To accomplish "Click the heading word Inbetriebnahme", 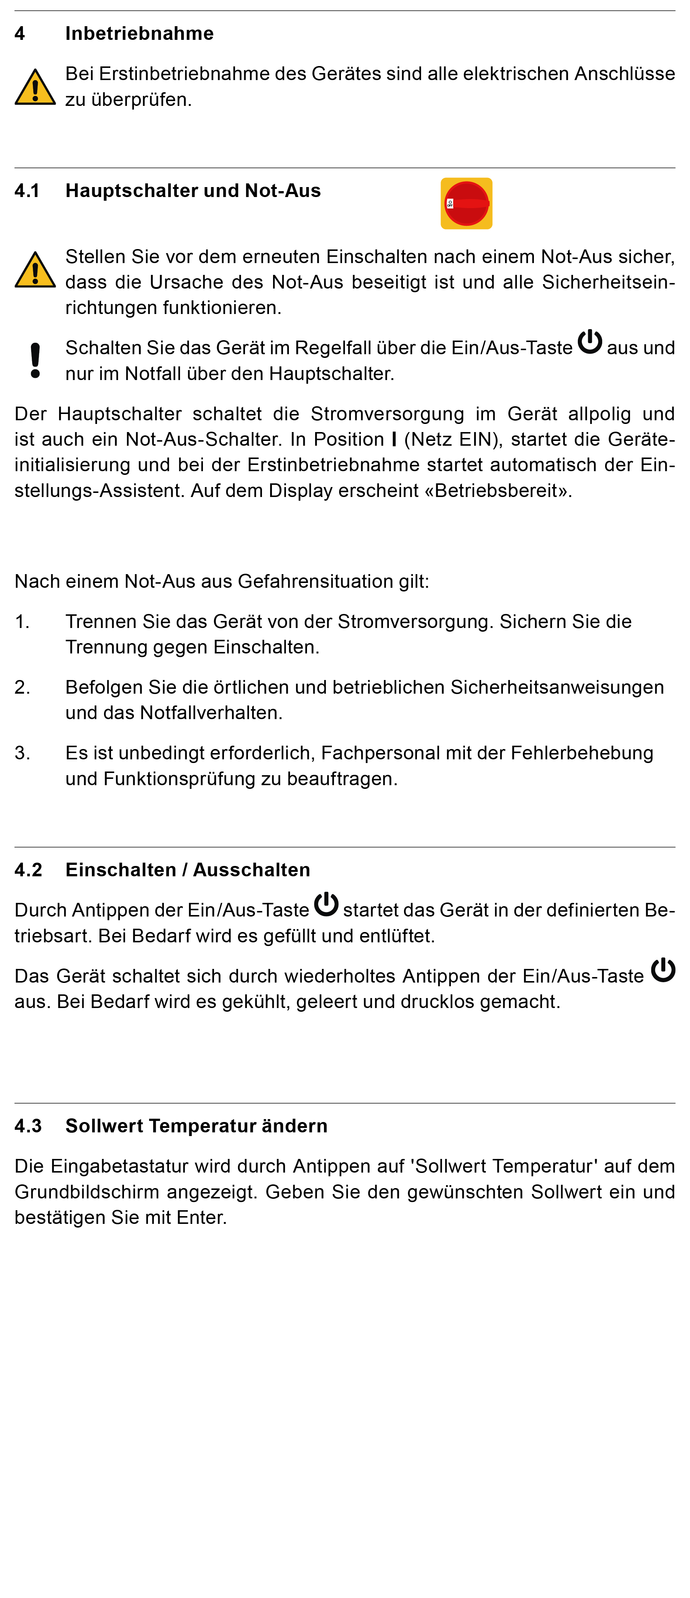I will (x=139, y=34).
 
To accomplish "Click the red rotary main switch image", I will (x=467, y=203).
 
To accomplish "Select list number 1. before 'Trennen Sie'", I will (x=23, y=622).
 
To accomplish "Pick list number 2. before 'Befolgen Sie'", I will (x=23, y=687).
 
